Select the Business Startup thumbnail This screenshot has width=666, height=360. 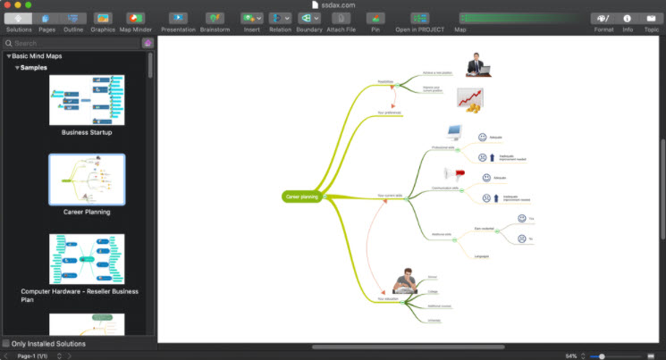[x=87, y=99]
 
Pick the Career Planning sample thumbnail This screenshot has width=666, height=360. [x=87, y=179]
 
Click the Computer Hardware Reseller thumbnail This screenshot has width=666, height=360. [x=87, y=259]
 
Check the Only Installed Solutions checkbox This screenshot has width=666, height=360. [x=7, y=343]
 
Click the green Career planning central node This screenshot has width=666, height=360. [x=302, y=196]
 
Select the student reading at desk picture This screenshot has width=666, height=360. [x=406, y=280]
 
